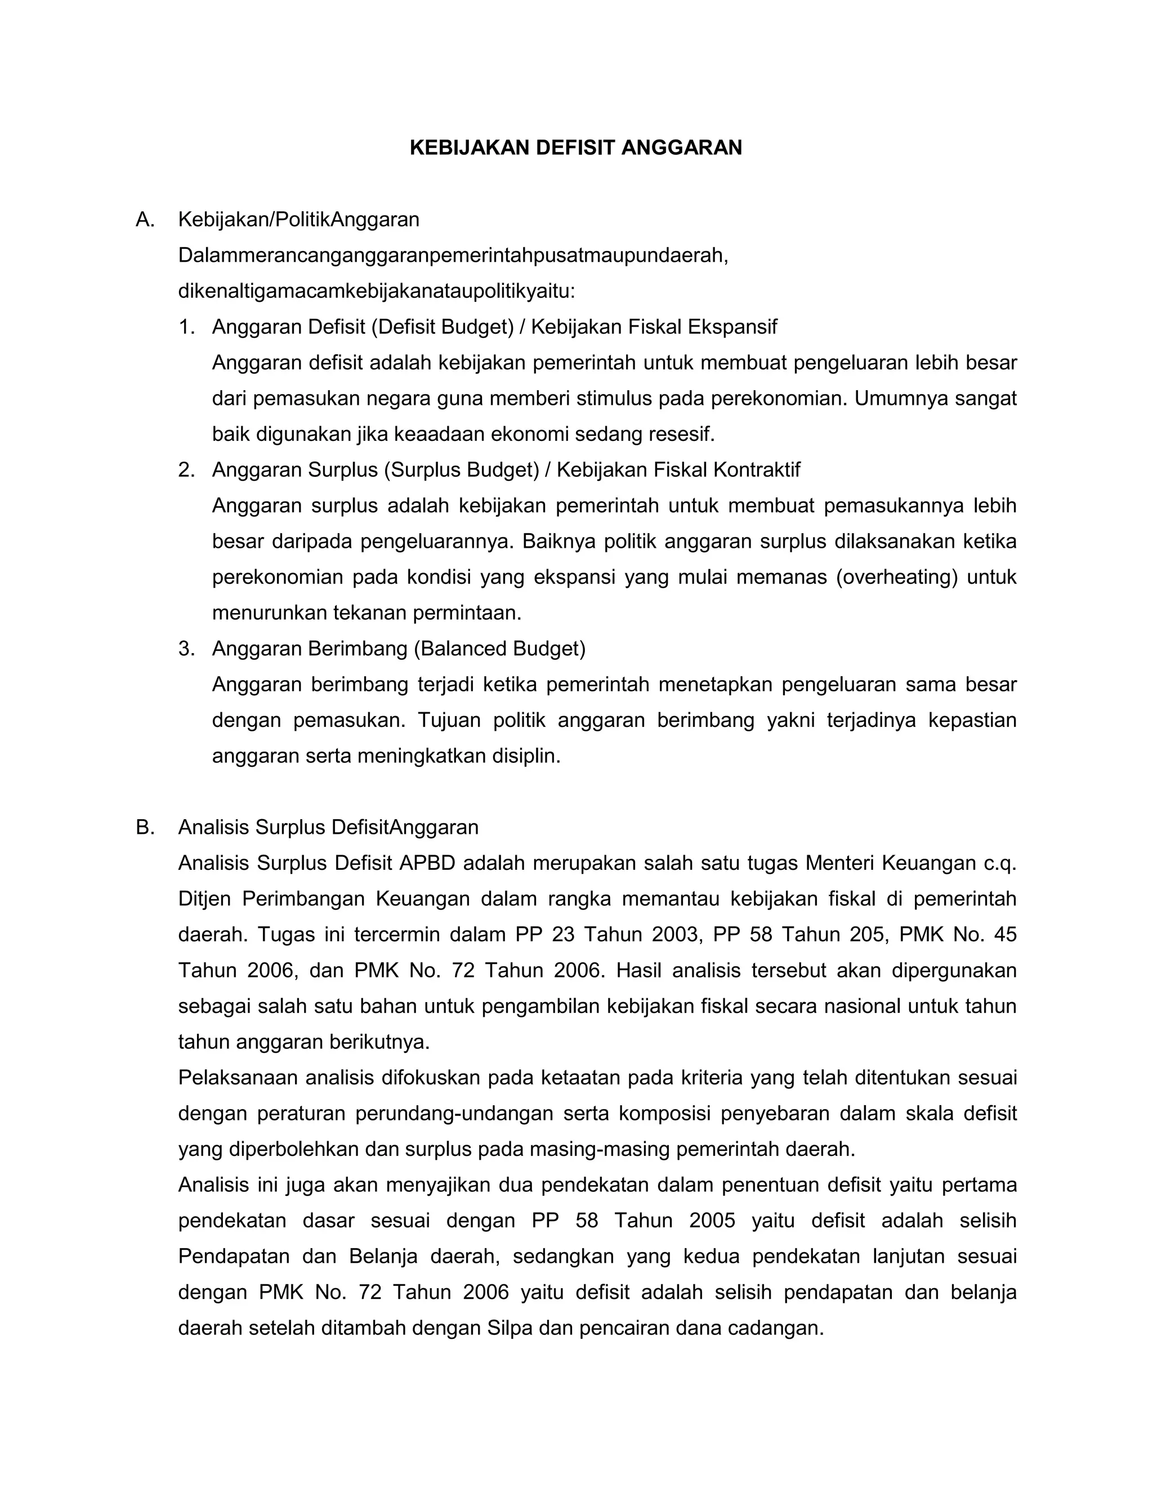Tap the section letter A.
[x=144, y=220]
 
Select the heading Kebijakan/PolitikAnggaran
[x=298, y=220]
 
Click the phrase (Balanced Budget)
[x=499, y=648]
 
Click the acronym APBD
[x=428, y=864]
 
